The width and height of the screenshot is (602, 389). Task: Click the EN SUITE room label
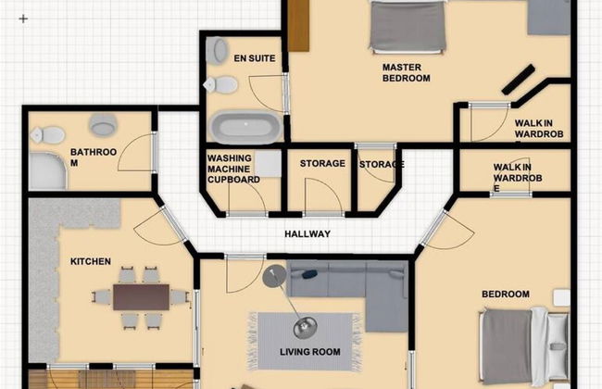click(x=255, y=58)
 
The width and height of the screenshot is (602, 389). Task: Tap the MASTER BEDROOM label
click(x=407, y=72)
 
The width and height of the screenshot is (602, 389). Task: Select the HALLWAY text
click(x=307, y=233)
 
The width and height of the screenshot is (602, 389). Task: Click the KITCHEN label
click(x=91, y=261)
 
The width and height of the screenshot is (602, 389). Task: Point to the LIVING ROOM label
click(x=310, y=352)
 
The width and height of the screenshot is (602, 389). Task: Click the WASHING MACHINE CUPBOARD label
click(x=233, y=169)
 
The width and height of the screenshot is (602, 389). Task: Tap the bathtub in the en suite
click(x=245, y=127)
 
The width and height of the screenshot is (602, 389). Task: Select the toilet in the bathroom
click(x=47, y=135)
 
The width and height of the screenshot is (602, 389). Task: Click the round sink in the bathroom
click(x=103, y=124)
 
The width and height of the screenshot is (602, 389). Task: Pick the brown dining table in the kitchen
click(x=142, y=297)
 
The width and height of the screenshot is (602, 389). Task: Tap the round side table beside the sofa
click(x=274, y=276)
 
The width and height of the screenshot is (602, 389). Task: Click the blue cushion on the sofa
click(x=309, y=274)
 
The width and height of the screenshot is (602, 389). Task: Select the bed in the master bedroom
click(x=408, y=26)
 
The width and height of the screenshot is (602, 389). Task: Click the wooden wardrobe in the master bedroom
click(x=298, y=25)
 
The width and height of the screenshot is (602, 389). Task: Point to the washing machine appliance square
click(x=269, y=164)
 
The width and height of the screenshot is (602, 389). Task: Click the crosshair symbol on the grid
click(x=23, y=19)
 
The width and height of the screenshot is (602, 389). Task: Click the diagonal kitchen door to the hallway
click(x=175, y=224)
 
